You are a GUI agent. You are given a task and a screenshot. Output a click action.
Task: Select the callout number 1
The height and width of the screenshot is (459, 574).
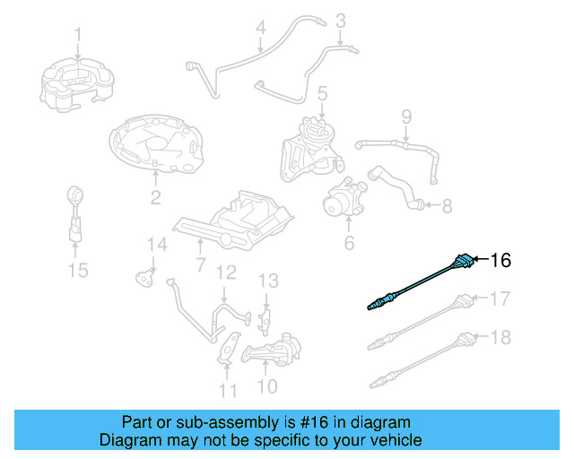(x=77, y=36)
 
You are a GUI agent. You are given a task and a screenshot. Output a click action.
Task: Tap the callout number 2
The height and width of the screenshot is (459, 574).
(x=155, y=198)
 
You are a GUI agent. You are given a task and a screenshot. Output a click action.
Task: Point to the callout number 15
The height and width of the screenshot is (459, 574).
(x=79, y=270)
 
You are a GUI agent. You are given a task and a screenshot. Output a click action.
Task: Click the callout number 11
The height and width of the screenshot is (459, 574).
(x=229, y=390)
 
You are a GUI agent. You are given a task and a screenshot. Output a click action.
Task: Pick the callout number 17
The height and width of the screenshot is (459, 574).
(x=500, y=298)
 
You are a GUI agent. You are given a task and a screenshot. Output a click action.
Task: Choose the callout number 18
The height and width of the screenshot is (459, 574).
(x=500, y=336)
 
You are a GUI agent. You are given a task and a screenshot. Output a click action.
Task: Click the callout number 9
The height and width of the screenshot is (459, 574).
(x=405, y=116)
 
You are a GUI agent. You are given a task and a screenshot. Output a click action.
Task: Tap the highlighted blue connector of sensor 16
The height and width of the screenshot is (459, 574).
(x=463, y=262)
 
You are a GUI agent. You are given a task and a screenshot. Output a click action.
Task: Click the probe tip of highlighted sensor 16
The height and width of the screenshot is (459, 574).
(x=372, y=307)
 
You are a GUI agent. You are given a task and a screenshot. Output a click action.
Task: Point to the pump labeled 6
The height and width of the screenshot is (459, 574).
(x=345, y=199)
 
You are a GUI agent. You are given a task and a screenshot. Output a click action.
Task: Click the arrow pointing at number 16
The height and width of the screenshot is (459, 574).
(x=479, y=260)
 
